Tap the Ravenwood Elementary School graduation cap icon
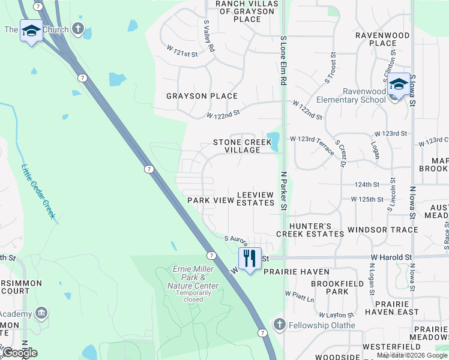[x=399, y=84]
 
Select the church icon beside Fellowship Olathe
[x=279, y=325]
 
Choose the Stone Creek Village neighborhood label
[x=237, y=146]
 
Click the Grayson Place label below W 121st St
[x=202, y=96]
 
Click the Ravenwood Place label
[x=382, y=39]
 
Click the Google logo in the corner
[x=20, y=352]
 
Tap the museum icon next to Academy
[x=41, y=313]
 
